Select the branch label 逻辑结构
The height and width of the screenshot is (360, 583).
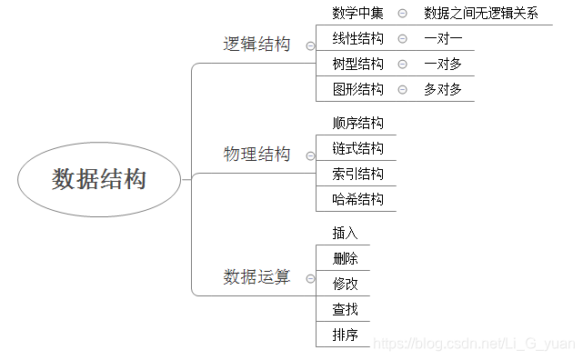point(256,45)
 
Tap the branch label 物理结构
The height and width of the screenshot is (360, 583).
point(256,155)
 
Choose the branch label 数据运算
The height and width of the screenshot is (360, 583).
point(256,277)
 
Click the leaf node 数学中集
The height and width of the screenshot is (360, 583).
point(357,13)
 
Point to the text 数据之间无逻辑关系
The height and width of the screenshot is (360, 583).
point(481,13)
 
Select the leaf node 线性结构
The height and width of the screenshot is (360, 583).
point(357,38)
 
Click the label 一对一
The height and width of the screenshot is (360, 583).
point(443,38)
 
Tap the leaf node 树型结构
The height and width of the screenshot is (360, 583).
point(357,64)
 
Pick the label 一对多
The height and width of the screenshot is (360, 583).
point(443,64)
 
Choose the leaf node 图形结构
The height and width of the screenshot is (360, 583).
point(357,89)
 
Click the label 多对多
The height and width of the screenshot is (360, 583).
point(443,89)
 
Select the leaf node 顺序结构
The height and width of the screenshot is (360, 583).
point(357,123)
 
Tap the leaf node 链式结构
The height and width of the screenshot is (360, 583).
point(357,148)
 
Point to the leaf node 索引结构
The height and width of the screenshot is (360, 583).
point(357,174)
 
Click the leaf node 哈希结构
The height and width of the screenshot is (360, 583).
point(357,199)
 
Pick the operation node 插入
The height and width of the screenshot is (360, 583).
point(345,233)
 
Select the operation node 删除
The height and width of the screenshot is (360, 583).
point(345,258)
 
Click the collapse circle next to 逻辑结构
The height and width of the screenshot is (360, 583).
point(310,45)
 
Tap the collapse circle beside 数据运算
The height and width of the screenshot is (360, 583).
point(310,278)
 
